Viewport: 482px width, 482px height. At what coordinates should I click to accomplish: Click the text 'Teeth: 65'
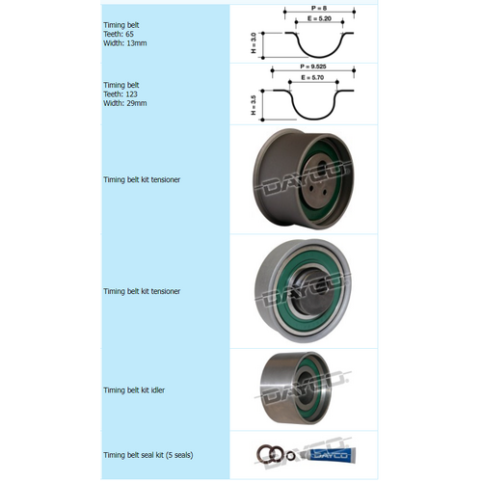click(120, 33)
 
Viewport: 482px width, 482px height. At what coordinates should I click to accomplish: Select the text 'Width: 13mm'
click(123, 42)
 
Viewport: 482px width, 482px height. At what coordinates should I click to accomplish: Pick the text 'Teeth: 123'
click(121, 94)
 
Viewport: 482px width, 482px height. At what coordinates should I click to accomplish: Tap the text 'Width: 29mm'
click(123, 104)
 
